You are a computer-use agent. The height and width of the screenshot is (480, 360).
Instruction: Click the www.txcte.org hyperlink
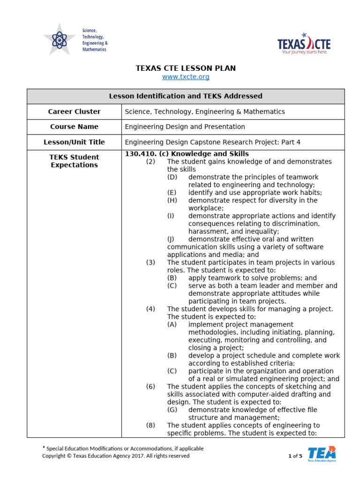tap(186, 77)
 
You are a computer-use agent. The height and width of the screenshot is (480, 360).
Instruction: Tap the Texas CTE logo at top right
tap(304, 45)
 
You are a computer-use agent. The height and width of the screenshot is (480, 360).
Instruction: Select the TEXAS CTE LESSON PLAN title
tap(186, 68)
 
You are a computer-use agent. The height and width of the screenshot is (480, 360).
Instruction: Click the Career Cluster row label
tap(74, 112)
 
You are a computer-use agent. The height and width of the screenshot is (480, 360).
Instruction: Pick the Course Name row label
tap(74, 127)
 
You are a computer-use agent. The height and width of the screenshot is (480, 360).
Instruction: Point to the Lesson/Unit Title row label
tap(74, 142)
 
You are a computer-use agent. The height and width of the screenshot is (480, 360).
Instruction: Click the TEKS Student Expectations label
tap(74, 161)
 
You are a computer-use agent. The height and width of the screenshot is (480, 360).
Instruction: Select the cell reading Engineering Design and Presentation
tap(185, 127)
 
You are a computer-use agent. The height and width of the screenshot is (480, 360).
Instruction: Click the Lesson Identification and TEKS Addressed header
tap(186, 96)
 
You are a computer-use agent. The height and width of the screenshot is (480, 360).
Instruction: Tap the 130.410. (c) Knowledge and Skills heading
tap(187, 154)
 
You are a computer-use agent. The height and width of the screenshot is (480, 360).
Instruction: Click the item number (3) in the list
tap(150, 262)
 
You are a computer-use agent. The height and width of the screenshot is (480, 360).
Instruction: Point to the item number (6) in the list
tap(150, 386)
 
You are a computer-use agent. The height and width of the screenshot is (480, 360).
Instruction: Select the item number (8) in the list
tap(150, 425)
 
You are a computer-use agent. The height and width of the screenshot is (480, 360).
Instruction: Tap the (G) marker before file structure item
tap(172, 410)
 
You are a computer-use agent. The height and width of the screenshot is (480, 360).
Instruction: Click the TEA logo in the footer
tap(322, 454)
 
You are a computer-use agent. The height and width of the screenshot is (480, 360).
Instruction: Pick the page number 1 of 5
tap(295, 456)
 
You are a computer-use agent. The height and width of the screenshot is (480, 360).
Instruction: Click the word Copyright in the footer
tap(53, 456)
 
